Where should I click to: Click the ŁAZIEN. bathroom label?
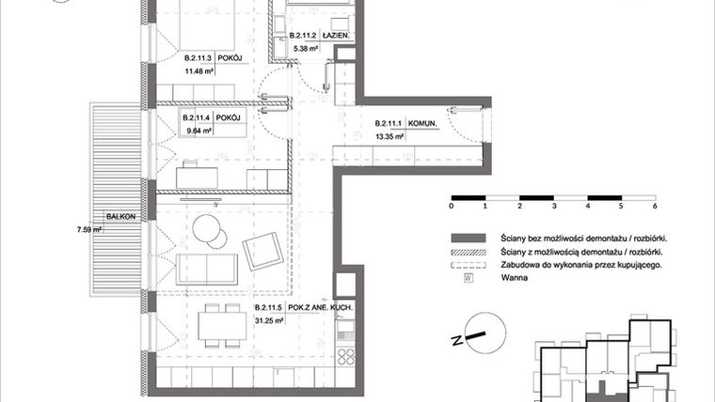tap(337, 35)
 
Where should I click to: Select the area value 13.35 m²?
tap(389, 136)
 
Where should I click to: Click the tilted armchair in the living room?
tap(262, 251)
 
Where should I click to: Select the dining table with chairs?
tap(218, 330)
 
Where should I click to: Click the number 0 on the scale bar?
tap(452, 205)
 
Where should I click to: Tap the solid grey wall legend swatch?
tap(468, 239)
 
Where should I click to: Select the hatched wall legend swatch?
tap(468, 252)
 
